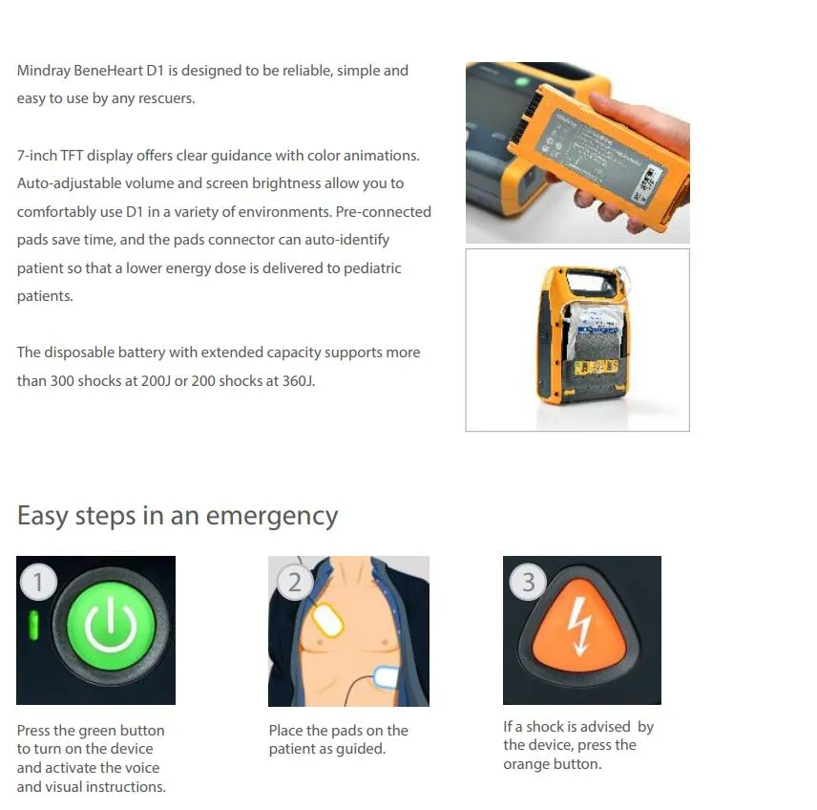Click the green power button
coord(112,628)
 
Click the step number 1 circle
coord(38,582)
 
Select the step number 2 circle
coord(294,582)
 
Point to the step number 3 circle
coord(528,582)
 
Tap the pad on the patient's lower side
coord(391,676)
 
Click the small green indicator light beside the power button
coord(32,627)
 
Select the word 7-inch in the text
coord(37,156)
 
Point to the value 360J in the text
coord(292,381)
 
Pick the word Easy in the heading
coord(43,516)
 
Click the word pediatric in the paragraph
coord(367,268)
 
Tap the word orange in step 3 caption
coord(527,765)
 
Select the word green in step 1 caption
coord(99,731)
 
